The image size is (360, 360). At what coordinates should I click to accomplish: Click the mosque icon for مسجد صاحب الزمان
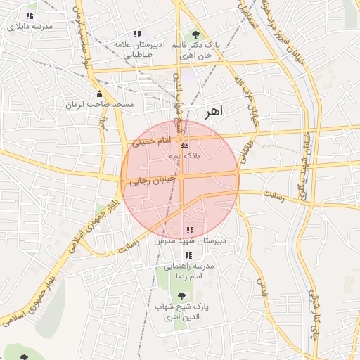click(x=98, y=94)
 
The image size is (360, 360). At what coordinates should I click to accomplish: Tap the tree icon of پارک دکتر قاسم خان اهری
click(x=195, y=34)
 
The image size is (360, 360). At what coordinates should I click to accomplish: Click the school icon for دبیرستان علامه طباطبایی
click(x=137, y=34)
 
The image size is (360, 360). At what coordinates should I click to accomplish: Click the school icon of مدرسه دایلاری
click(x=30, y=15)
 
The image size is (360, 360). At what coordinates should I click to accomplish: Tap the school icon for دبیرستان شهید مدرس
click(x=189, y=230)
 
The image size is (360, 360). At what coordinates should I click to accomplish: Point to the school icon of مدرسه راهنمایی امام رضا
click(x=187, y=255)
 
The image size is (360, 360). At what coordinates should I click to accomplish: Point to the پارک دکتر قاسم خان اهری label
click(x=197, y=49)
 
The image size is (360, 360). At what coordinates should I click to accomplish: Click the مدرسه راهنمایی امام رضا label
click(x=188, y=271)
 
